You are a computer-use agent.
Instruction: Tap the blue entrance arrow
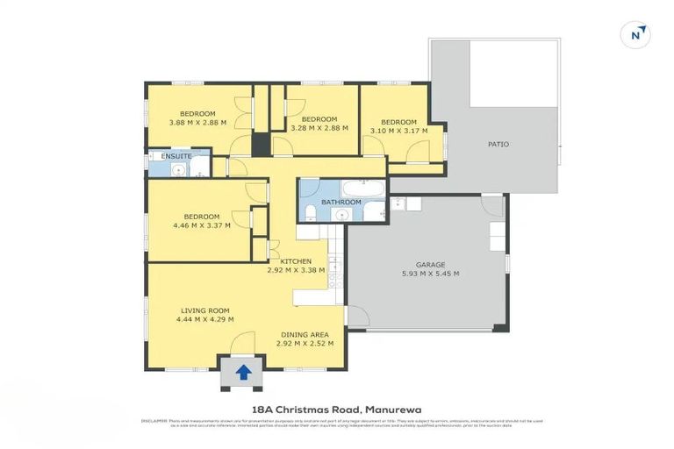coord(243,373)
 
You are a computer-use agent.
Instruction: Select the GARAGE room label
coord(430,264)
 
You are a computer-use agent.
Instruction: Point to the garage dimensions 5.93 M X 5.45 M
coord(430,274)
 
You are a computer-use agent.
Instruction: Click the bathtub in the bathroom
coord(363,189)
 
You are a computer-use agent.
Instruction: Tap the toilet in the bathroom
coord(309,210)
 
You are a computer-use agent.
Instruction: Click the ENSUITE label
coord(176,156)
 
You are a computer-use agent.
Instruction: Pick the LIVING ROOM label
coord(205,310)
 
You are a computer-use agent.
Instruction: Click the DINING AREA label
coord(305,334)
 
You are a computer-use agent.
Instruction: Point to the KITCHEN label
coord(296,261)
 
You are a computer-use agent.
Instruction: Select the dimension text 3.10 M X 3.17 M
coord(398,131)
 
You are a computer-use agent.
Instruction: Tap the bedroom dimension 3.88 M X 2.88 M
coord(197,123)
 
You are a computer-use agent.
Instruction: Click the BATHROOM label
coord(341,202)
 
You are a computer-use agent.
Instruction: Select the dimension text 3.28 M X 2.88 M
coord(319,128)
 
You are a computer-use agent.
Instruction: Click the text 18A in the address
coord(262,409)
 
